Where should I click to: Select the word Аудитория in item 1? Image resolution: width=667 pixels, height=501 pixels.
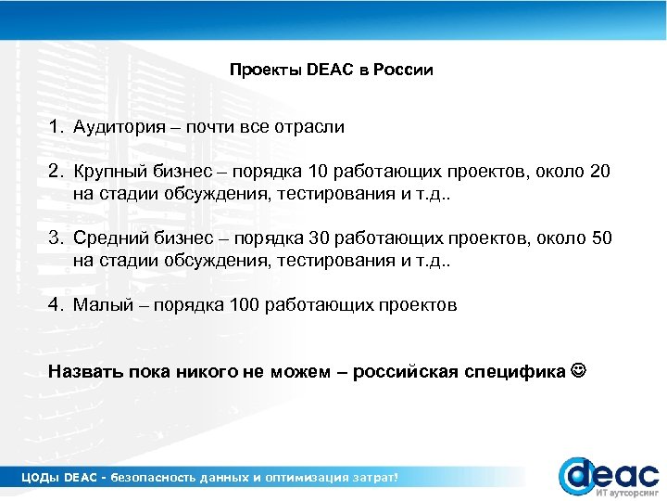(120, 128)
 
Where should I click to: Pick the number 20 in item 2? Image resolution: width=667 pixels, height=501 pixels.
(600, 173)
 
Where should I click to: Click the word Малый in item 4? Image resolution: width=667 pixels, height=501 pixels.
(100, 305)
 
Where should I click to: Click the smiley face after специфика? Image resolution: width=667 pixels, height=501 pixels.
(579, 372)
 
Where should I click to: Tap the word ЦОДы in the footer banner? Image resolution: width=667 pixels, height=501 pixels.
(40, 477)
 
